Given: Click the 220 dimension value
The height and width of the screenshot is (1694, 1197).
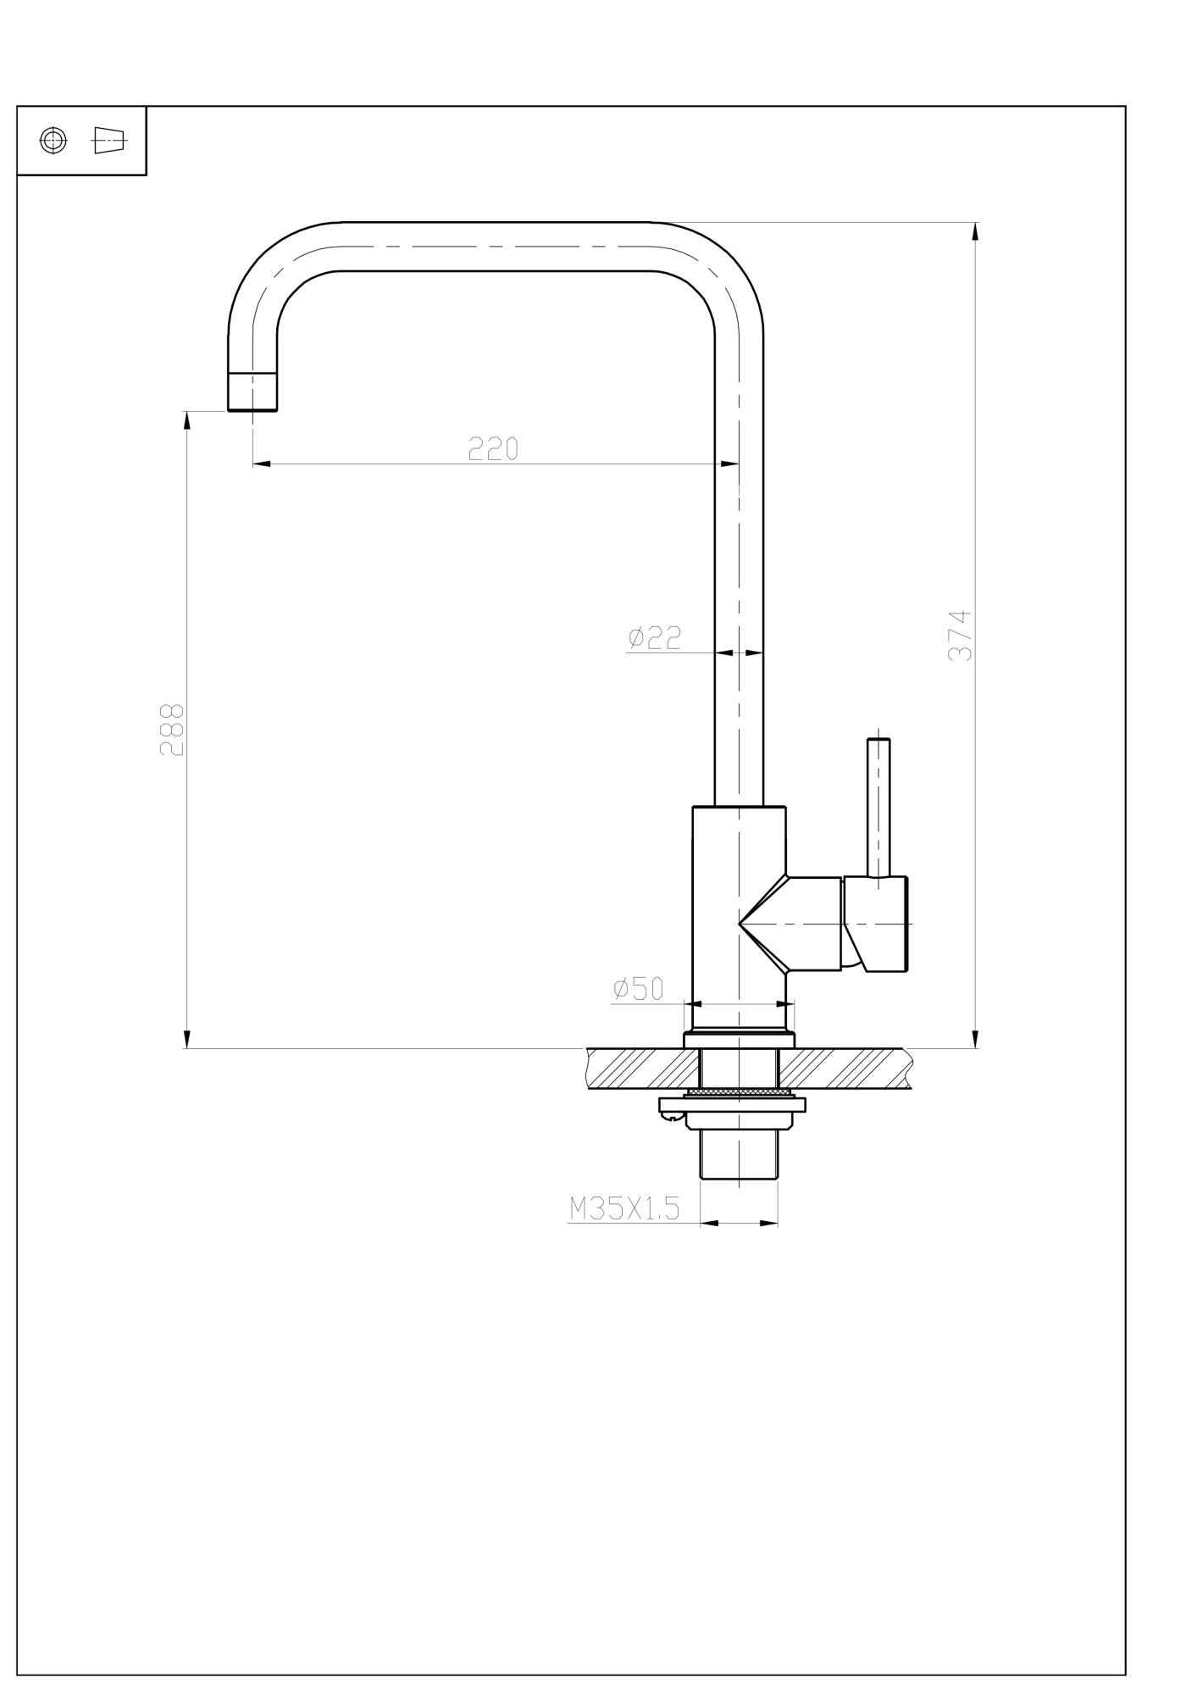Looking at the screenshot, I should click(493, 449).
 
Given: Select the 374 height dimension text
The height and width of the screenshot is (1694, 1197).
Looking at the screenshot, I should click(961, 636).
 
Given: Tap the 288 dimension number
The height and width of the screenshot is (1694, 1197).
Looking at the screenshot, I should click(172, 729).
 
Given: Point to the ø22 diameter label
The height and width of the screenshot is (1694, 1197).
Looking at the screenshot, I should click(655, 637).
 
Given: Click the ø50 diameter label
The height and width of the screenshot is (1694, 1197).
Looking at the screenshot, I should click(639, 989).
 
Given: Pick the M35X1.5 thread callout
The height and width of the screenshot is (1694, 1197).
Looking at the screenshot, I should click(624, 1208).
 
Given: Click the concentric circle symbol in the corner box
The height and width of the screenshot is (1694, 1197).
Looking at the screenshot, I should click(53, 141).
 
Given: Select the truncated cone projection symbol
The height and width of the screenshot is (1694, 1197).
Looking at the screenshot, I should click(108, 140).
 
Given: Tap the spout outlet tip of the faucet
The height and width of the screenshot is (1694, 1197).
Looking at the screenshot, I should click(252, 392).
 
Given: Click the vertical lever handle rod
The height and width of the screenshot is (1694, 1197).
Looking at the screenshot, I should click(878, 805).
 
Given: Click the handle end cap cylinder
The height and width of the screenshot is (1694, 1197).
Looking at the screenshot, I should click(885, 924).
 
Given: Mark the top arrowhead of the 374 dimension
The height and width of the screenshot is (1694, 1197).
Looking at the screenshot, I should click(975, 230).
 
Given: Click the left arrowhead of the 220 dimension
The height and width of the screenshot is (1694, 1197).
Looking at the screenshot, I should click(261, 464).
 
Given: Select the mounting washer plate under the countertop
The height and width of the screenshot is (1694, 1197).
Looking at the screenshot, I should click(733, 1105).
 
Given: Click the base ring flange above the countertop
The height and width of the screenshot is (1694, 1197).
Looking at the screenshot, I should click(739, 1039).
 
